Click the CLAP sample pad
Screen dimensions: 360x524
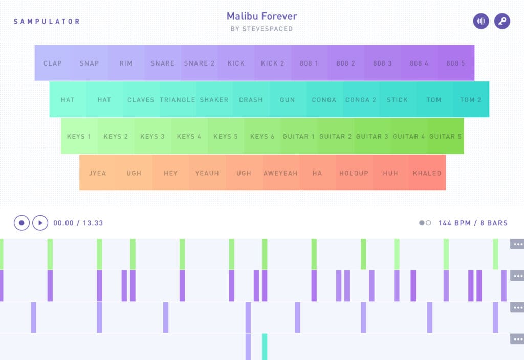coord(53,63)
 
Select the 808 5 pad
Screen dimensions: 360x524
coord(455,63)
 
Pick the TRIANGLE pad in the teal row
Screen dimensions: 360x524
coord(177,100)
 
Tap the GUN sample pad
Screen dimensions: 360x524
coord(288,100)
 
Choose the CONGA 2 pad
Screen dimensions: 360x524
coord(361,100)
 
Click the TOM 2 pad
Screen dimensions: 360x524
coord(471,100)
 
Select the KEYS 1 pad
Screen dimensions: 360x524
coord(79,136)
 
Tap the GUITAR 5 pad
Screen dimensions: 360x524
coord(445,136)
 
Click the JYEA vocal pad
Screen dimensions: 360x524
coord(97,173)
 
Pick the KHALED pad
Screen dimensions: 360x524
coord(427,173)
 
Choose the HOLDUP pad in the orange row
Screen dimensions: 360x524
coord(354,173)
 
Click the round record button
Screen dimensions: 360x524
coord(21,223)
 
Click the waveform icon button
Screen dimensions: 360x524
coord(481,21)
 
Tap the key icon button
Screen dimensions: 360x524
coord(502,21)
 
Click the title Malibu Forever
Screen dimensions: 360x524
coord(261,16)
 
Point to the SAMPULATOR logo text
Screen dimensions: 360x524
coord(47,22)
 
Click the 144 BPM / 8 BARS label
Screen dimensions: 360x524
coord(473,223)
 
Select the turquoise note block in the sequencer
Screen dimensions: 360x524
coord(265,347)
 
